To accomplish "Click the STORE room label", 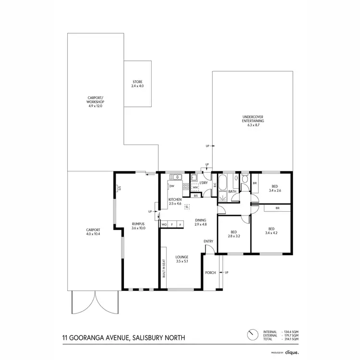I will click(137, 82).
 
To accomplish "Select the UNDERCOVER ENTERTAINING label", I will click(252, 118).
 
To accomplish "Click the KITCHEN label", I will click(175, 199).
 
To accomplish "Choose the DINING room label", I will click(201, 220).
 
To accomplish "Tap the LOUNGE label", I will click(181, 257).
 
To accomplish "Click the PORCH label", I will click(210, 273).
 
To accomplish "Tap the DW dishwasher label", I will click(171, 186).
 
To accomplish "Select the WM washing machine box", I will click(195, 188).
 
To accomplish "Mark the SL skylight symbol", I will click(187, 206).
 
